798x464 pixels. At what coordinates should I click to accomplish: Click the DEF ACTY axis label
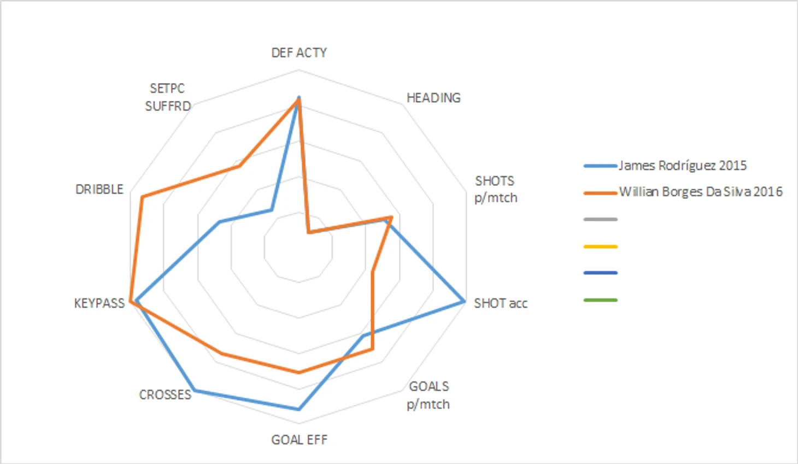(299, 52)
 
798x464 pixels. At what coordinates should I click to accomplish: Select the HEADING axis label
(433, 98)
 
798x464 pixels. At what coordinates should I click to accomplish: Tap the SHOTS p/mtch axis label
(495, 189)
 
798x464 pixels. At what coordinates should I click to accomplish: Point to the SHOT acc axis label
(500, 303)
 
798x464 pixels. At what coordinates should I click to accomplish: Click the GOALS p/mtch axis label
(429, 395)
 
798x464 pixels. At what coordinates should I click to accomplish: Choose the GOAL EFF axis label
(299, 439)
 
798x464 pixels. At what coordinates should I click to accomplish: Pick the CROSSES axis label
(165, 395)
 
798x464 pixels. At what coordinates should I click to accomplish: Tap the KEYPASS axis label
(99, 303)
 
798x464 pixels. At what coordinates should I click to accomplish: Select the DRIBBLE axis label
(99, 189)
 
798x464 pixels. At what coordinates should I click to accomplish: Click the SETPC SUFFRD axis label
(168, 97)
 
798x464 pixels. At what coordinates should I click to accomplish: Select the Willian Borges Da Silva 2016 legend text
(700, 192)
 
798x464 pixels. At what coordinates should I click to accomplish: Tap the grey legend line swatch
(600, 220)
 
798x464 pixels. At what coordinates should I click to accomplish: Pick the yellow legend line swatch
(600, 246)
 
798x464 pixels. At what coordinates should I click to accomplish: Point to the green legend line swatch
(600, 300)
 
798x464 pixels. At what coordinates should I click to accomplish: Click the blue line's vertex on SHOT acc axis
(463, 301)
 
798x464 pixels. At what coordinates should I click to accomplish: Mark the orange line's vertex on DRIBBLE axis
(142, 197)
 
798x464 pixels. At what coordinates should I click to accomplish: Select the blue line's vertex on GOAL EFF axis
(298, 409)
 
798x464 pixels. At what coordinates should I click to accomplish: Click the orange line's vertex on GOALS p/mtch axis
(372, 348)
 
